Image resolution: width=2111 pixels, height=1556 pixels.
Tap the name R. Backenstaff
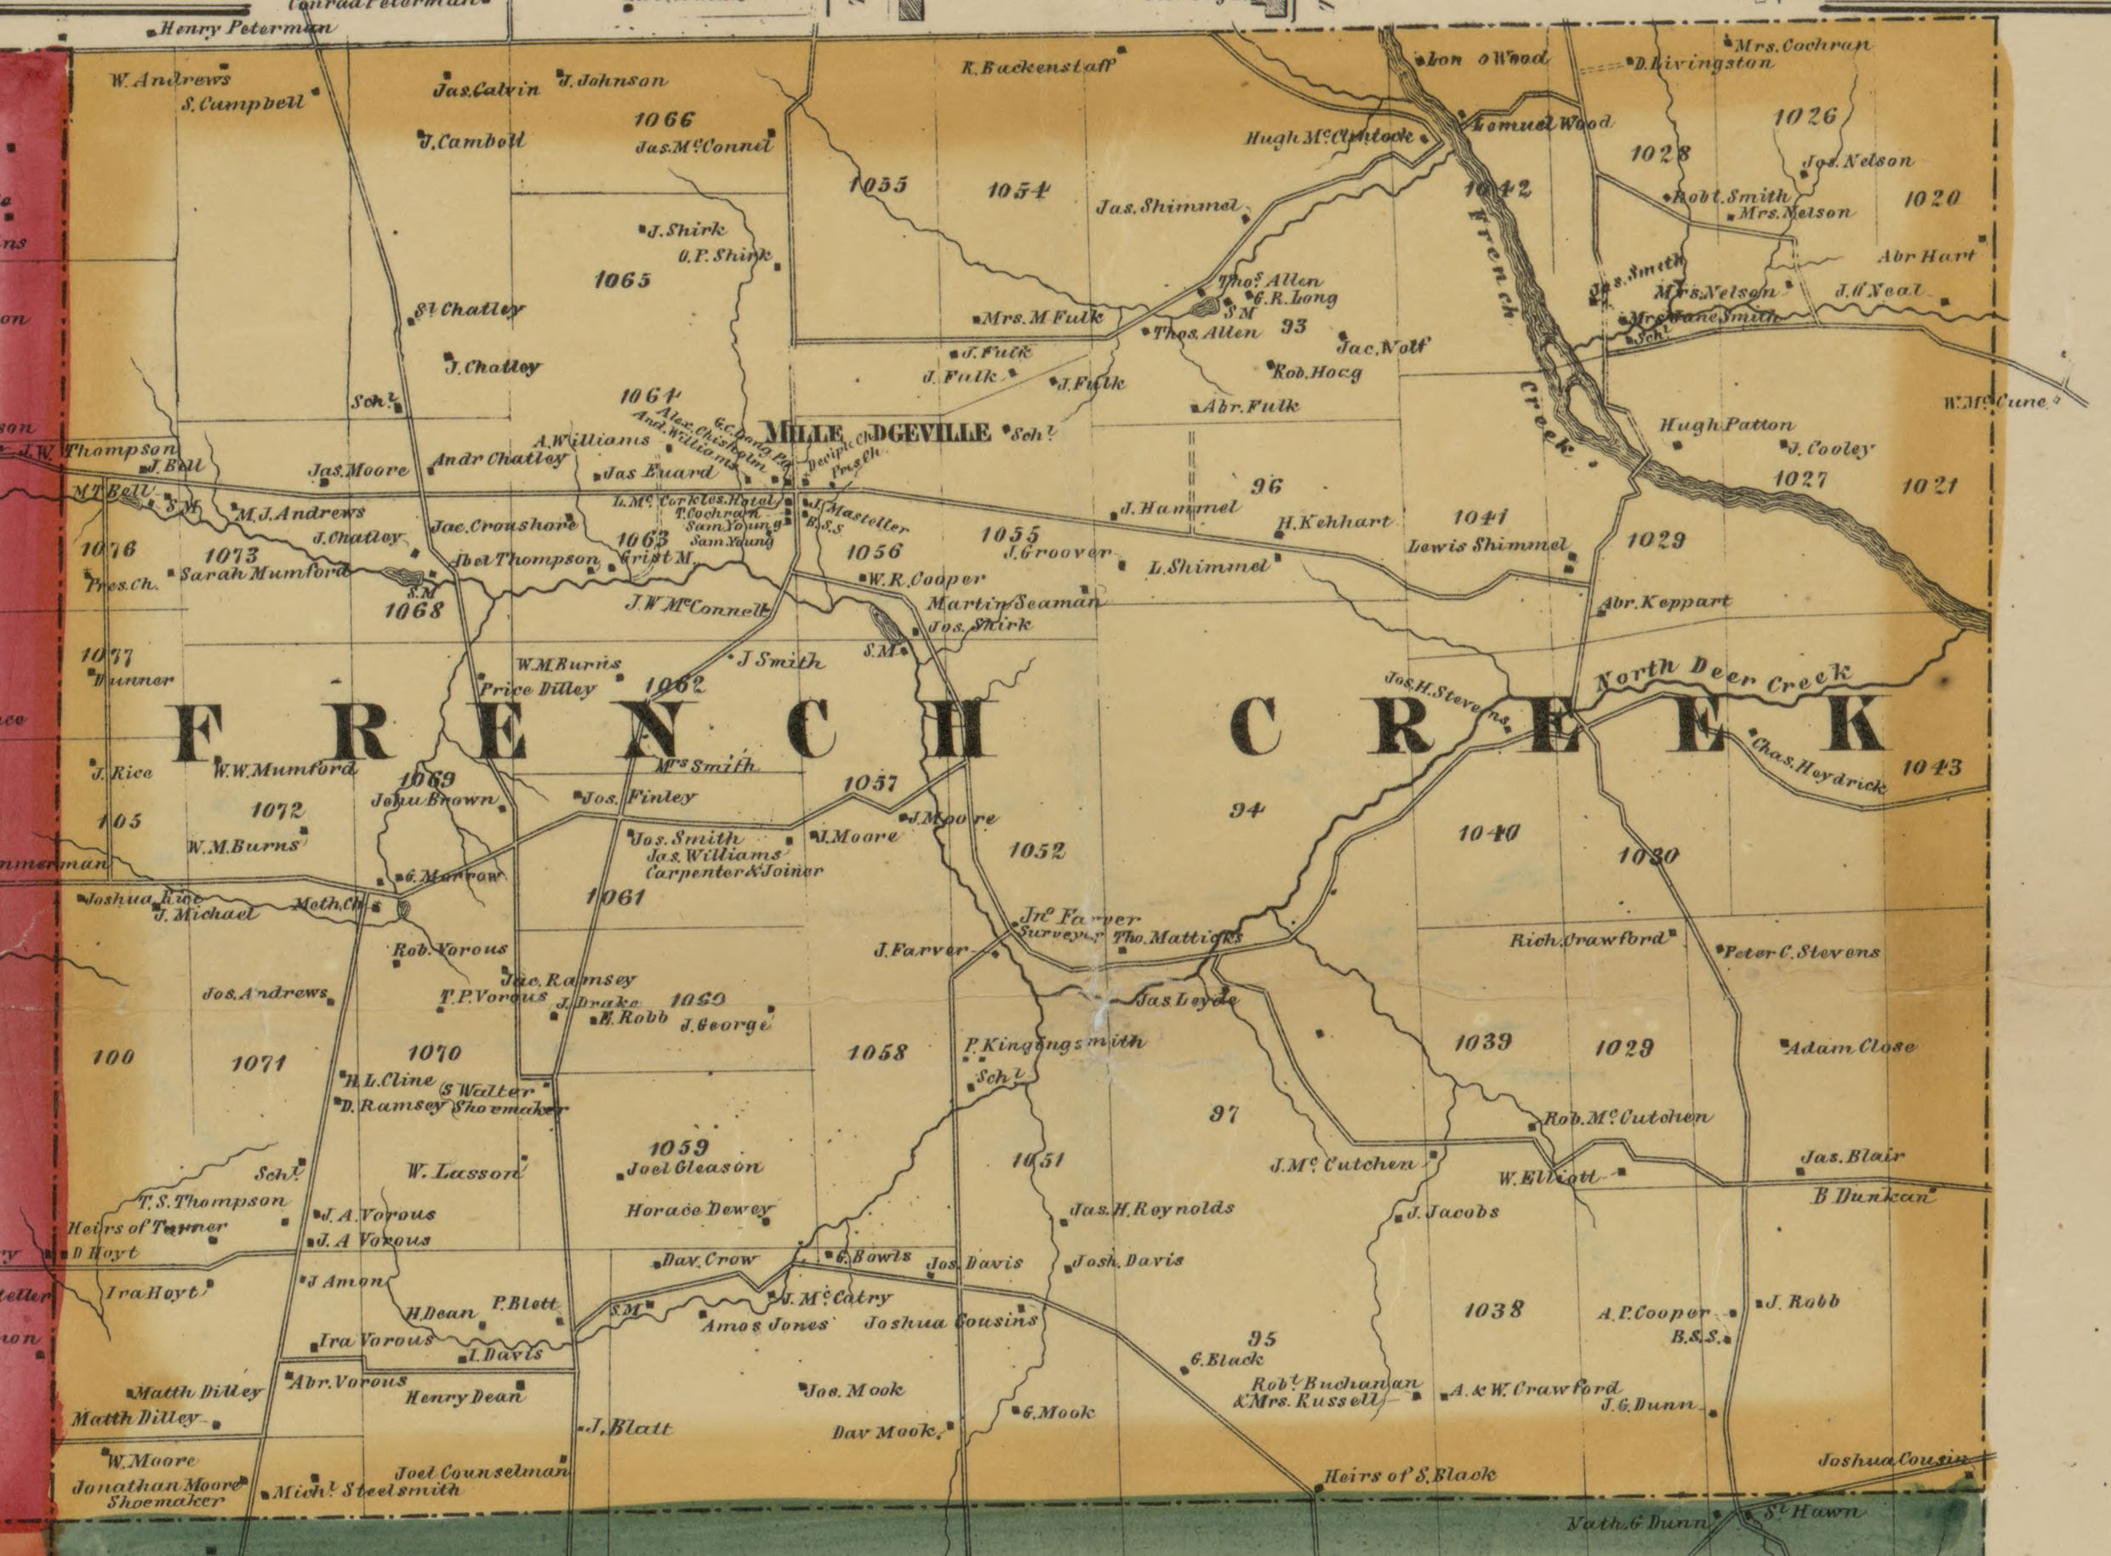tap(1038, 67)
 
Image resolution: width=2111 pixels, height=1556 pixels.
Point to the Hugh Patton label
tap(1726, 425)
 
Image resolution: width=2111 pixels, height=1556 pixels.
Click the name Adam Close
tap(1850, 1046)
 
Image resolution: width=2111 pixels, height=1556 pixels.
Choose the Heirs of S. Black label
tap(1409, 1475)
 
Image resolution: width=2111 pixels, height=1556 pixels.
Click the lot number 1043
tap(1931, 767)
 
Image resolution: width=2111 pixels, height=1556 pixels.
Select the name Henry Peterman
tap(246, 28)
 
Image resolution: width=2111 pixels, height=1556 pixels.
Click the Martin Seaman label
tap(1013, 603)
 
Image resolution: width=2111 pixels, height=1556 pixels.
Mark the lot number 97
tap(1224, 1114)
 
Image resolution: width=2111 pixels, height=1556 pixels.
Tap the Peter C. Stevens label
tap(1800, 952)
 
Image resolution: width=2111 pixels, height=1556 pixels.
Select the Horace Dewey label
tap(699, 1210)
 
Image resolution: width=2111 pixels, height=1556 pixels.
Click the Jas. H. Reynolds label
tap(1151, 1208)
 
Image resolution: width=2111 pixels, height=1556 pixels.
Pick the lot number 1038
tap(1493, 1309)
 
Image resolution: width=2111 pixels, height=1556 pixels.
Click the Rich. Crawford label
tap(1586, 939)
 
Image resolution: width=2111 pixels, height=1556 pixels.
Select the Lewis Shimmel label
tap(1486, 544)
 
